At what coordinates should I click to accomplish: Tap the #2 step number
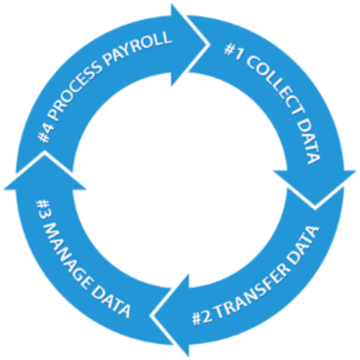click(202, 318)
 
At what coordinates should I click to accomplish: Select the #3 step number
click(44, 210)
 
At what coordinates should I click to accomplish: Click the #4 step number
click(46, 134)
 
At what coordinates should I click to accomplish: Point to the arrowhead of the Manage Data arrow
click(45, 171)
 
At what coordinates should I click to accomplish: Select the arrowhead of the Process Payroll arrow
click(190, 45)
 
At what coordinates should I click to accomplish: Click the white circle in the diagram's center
click(180, 180)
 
